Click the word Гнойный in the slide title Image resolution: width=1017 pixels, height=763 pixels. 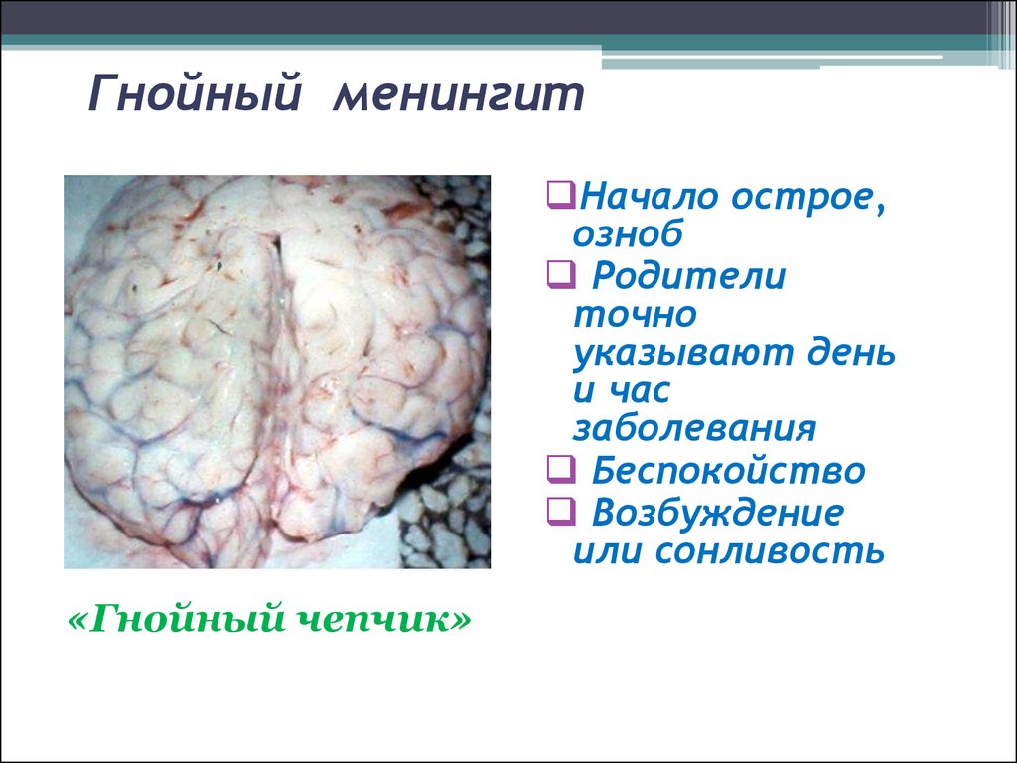point(195,94)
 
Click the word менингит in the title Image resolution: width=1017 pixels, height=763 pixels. point(459,96)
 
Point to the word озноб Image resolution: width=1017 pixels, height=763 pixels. point(628,232)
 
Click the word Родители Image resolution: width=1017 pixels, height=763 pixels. point(689,275)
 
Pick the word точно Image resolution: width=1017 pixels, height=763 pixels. point(635,315)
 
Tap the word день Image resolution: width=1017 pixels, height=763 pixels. point(851,353)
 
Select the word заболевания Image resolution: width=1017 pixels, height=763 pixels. point(694,429)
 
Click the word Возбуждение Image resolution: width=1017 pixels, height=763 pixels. point(718,513)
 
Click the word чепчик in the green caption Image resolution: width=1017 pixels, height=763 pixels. point(383,618)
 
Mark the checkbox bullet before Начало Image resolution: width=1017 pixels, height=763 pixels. point(561,195)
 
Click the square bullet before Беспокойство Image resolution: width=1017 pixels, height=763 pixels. point(561,469)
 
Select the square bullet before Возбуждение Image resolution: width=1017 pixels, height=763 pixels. point(561,512)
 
